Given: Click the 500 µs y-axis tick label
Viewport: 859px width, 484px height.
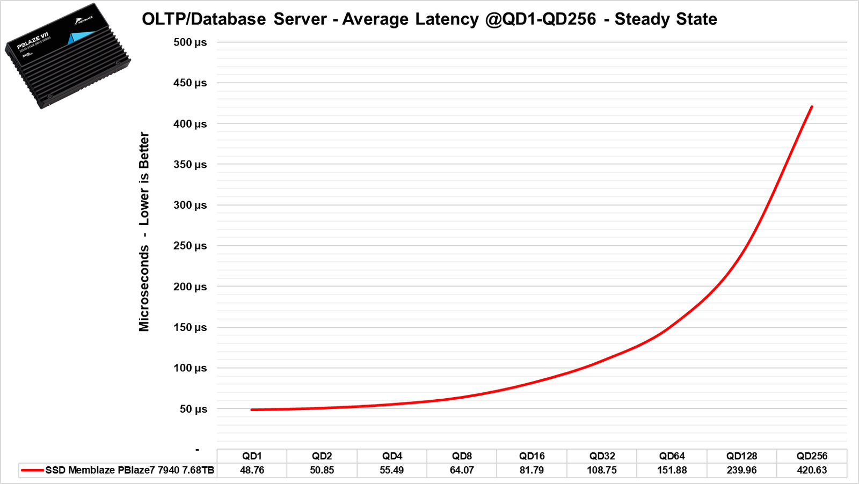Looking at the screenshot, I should pyautogui.click(x=190, y=42).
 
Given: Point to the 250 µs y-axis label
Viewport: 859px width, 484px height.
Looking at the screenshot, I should pyautogui.click(x=190, y=246).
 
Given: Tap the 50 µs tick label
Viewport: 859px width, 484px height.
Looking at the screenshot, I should pyautogui.click(x=193, y=409).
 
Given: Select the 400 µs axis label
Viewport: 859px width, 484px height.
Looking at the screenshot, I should pyautogui.click(x=190, y=124).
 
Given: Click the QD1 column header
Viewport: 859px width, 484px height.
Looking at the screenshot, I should pyautogui.click(x=252, y=456).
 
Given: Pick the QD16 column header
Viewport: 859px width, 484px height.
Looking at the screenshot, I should pyautogui.click(x=532, y=456).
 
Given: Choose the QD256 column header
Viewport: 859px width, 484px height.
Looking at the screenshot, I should pyautogui.click(x=812, y=456).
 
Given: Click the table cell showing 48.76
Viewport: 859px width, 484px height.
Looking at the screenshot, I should pyautogui.click(x=252, y=470).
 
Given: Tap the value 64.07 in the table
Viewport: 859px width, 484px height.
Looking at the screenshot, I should pyautogui.click(x=462, y=470).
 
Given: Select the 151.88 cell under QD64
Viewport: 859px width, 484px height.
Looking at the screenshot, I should pyautogui.click(x=672, y=470).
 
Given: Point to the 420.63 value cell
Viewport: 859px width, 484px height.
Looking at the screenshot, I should pyautogui.click(x=812, y=470).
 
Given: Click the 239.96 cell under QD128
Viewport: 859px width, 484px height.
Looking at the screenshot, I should pyautogui.click(x=741, y=470).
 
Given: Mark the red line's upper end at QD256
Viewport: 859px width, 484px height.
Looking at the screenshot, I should pyautogui.click(x=812, y=107).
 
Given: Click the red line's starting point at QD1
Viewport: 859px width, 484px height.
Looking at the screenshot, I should pyautogui.click(x=252, y=409).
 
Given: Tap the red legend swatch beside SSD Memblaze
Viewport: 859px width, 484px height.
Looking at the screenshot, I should pyautogui.click(x=32, y=471).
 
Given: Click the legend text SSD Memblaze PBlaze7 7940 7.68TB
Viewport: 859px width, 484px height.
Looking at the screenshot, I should pyautogui.click(x=130, y=470).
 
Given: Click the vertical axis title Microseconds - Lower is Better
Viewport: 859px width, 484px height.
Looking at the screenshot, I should pyautogui.click(x=144, y=232).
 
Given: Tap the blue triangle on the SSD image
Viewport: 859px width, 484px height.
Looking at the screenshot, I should pyautogui.click(x=79, y=38).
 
